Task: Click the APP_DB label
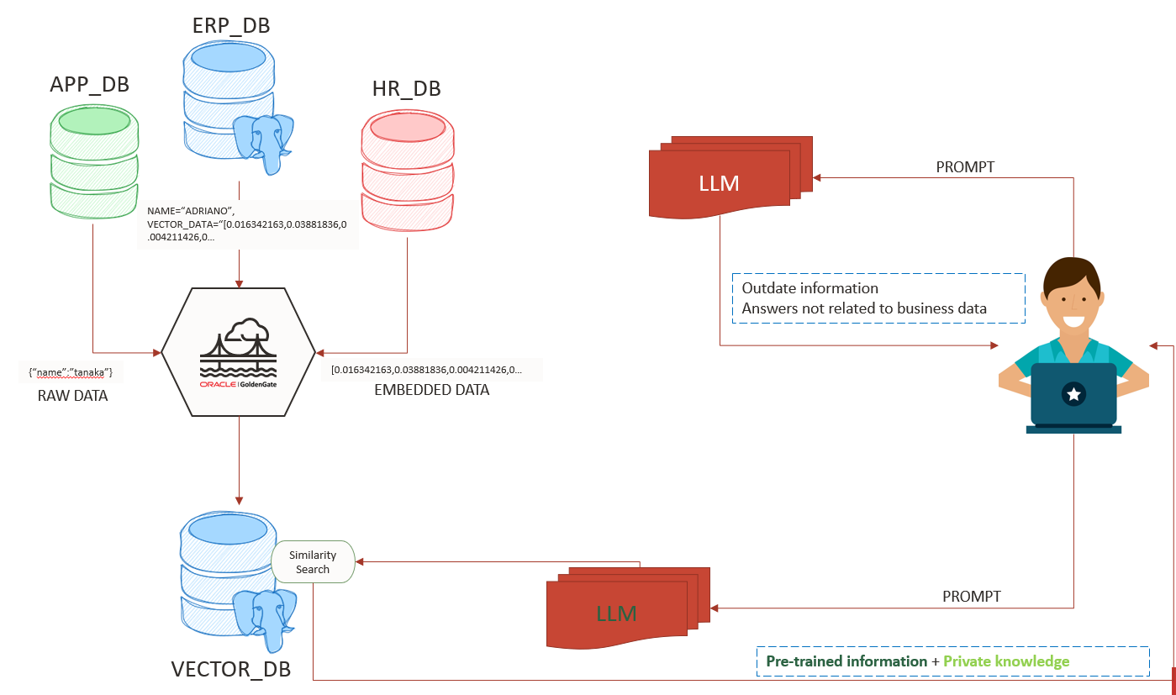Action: pyautogui.click(x=89, y=86)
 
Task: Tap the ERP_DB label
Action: pyautogui.click(x=230, y=25)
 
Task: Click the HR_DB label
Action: pyautogui.click(x=406, y=88)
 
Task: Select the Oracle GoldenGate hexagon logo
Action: pyautogui.click(x=239, y=352)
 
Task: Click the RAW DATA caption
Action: pyautogui.click(x=72, y=395)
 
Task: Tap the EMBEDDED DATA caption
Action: pyautogui.click(x=431, y=390)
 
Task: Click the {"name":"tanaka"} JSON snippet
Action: pyautogui.click(x=71, y=371)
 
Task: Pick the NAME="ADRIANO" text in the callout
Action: pyautogui.click(x=191, y=210)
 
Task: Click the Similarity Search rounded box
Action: pyautogui.click(x=313, y=562)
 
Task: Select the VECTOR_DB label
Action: pyautogui.click(x=231, y=669)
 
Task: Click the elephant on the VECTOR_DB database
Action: pyautogui.click(x=266, y=616)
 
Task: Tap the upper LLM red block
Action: pyautogui.click(x=720, y=183)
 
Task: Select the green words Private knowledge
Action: pyautogui.click(x=1006, y=661)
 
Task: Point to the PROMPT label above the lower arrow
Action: pyautogui.click(x=971, y=596)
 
